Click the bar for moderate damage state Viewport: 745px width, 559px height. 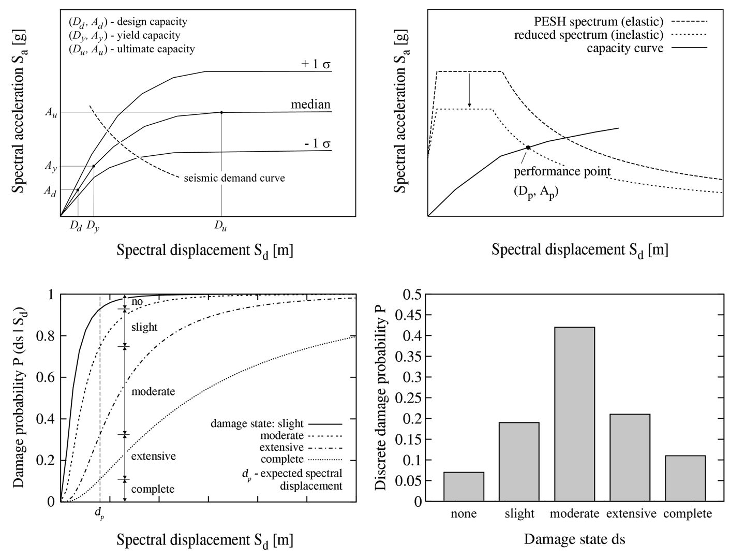pos(574,414)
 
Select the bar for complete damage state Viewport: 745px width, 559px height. pos(685,478)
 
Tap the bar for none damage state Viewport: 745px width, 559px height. pos(464,487)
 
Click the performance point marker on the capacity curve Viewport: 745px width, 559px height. pos(528,148)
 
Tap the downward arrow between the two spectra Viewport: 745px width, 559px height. pos(469,91)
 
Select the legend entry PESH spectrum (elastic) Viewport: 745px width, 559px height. pos(599,22)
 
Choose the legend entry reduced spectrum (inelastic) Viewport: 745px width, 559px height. pos(589,35)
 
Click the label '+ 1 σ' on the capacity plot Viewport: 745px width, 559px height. pos(316,64)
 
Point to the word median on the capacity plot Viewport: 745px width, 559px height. pos(310,105)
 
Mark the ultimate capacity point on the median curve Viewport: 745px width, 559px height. pos(221,112)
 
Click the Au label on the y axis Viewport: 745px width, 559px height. pos(50,113)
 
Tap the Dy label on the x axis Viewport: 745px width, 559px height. pos(93,226)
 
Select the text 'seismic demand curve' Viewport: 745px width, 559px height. pos(234,178)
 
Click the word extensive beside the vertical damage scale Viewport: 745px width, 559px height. pos(153,456)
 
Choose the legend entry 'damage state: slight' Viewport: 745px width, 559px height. pos(257,423)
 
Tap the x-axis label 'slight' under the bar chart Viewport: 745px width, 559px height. pos(519,514)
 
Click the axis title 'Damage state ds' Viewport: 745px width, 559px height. pos(574,539)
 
